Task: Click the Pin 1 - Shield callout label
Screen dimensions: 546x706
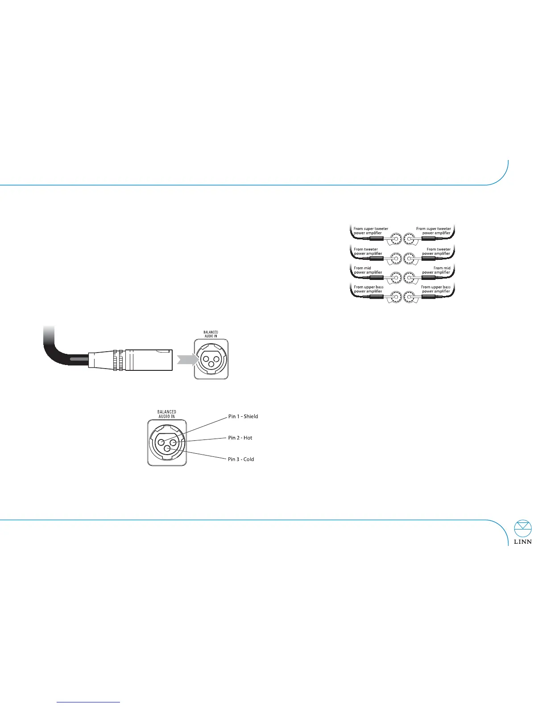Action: (243, 416)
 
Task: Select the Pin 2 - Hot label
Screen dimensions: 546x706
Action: (240, 438)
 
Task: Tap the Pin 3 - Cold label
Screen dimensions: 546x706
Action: (241, 459)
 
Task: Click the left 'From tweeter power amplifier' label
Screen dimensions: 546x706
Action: (368, 251)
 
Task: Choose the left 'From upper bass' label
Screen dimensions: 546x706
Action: (368, 289)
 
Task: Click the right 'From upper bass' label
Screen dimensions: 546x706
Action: (436, 289)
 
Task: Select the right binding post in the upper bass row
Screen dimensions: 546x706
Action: (410, 296)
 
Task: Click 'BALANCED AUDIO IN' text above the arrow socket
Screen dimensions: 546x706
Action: (211, 334)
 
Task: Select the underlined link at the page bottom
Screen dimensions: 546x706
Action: (89, 702)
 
